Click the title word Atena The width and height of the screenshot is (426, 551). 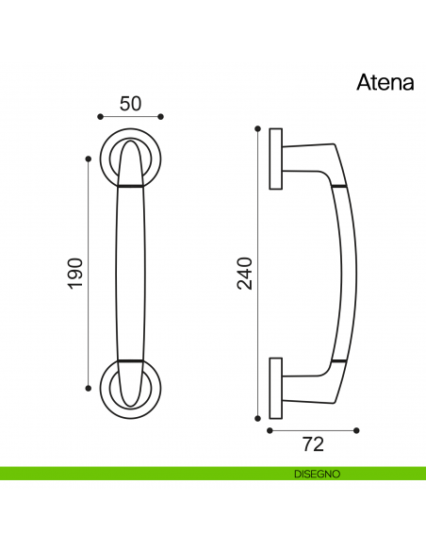click(385, 83)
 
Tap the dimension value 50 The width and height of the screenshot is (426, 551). click(131, 104)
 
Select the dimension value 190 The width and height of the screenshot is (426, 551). click(76, 273)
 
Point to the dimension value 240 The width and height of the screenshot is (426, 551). click(245, 273)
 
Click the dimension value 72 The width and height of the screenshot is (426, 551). click(313, 442)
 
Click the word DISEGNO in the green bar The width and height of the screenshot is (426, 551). click(317, 474)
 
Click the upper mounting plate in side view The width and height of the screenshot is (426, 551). click(275, 159)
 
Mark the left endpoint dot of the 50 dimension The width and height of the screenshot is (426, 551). click(100, 117)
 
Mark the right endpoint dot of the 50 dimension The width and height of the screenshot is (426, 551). click(161, 117)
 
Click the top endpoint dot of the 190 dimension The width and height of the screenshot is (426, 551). click(88, 158)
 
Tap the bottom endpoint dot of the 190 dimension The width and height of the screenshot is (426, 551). click(88, 388)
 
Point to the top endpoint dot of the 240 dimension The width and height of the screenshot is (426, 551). click(257, 127)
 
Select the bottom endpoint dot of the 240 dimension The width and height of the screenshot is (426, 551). click(257, 418)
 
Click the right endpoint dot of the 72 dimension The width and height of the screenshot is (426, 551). click(357, 430)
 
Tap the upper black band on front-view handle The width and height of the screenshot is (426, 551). click(131, 188)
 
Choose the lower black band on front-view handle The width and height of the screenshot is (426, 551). click(131, 360)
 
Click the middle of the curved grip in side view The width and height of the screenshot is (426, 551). click(350, 273)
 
